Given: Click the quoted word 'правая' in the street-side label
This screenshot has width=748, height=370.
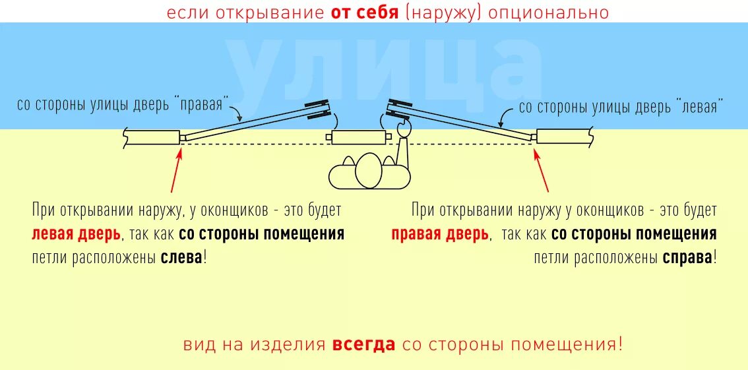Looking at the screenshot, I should point(201,106).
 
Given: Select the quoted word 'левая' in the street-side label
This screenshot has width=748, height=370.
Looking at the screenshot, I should point(698,107).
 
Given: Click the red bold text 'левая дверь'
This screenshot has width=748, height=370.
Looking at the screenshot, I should point(76,234).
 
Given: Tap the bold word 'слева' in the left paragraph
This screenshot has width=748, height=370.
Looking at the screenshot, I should point(181,257).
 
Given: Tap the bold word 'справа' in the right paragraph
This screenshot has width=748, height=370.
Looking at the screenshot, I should point(687,257).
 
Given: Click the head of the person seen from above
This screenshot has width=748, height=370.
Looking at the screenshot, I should point(368,171).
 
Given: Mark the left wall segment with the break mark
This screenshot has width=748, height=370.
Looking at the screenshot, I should point(152,137).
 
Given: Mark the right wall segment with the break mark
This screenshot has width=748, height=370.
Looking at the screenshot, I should point(565,137).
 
